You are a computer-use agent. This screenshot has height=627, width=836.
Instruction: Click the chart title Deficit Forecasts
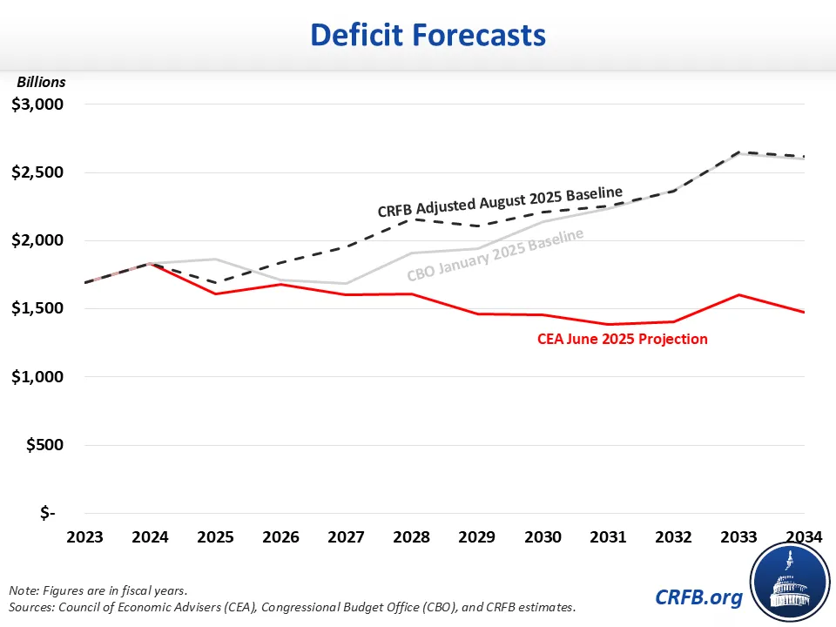pyautogui.click(x=428, y=35)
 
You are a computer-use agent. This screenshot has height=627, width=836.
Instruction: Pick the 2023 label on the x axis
pyautogui.click(x=85, y=537)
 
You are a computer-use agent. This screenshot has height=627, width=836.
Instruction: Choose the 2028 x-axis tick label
pyautogui.click(x=412, y=537)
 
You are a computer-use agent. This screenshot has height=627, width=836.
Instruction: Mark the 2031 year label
pyautogui.click(x=608, y=537)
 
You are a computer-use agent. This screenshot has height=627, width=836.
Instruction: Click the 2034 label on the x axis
pyautogui.click(x=803, y=537)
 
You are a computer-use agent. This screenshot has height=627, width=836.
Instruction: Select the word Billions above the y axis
pyautogui.click(x=41, y=82)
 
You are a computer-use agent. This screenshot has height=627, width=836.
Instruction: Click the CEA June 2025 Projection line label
pyautogui.click(x=622, y=339)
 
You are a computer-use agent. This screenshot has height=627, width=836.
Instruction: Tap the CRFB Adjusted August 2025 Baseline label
pyautogui.click(x=500, y=202)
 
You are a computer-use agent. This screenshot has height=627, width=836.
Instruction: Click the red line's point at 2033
pyautogui.click(x=738, y=295)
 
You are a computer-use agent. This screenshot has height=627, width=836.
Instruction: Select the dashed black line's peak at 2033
pyautogui.click(x=738, y=152)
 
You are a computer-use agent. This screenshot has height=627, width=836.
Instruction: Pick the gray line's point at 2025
pyautogui.click(x=216, y=259)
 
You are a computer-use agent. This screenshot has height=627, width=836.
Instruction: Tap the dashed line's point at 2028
pyautogui.click(x=412, y=219)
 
